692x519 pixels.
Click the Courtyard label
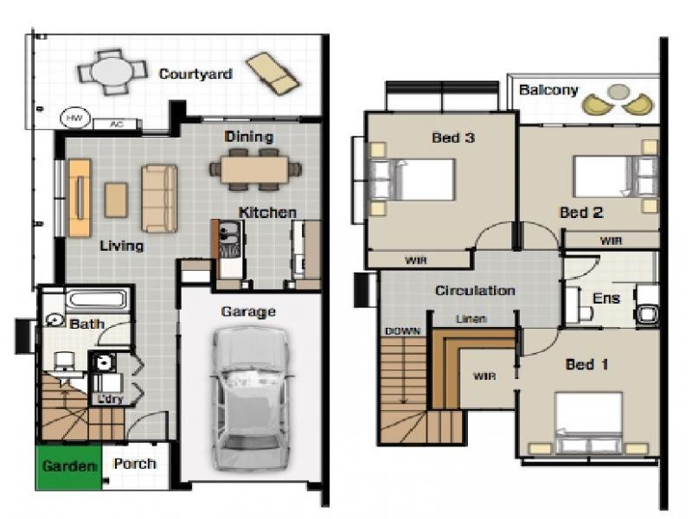(x=195, y=74)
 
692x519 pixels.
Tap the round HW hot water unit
(x=74, y=119)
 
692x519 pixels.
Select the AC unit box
(x=117, y=125)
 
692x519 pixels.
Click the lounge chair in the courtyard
(x=272, y=74)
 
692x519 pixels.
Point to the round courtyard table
(x=112, y=72)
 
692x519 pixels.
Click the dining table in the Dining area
(x=254, y=170)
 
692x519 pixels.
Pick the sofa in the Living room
(x=159, y=198)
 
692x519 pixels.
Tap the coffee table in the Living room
(x=117, y=201)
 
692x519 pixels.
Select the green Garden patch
(x=69, y=467)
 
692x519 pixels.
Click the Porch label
(x=135, y=464)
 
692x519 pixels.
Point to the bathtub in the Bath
(x=98, y=300)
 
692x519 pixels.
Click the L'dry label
(x=110, y=400)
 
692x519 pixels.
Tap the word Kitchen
(x=267, y=212)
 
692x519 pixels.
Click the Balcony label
(x=548, y=90)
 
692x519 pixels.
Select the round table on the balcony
(x=618, y=92)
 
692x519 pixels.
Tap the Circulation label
(x=475, y=291)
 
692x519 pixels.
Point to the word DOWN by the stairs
(x=403, y=331)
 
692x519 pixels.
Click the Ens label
(x=606, y=298)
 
